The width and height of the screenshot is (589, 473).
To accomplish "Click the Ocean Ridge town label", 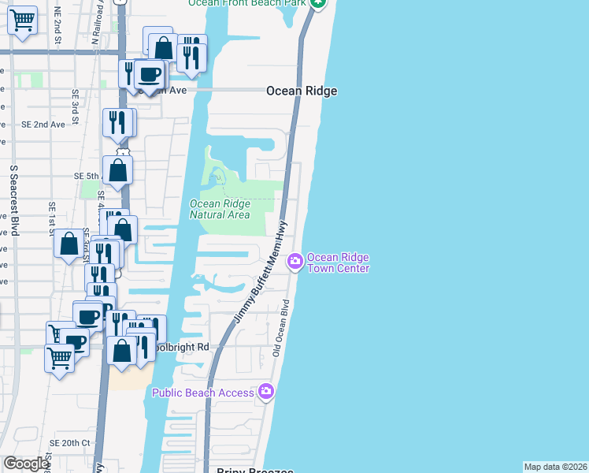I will point(302,91).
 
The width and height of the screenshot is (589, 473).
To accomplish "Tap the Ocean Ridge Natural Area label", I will point(220,210).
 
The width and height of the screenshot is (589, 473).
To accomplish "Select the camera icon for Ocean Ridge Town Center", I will point(295,260).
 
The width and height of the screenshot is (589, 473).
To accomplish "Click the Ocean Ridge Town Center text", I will point(338,263).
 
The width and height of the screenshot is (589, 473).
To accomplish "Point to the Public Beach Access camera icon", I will point(266,391).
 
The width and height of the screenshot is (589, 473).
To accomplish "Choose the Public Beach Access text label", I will point(203,393).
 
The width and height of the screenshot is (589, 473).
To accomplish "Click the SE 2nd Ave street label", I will point(43,125).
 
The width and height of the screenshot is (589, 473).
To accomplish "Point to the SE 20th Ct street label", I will point(69,443).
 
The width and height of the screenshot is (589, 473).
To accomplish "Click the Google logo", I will point(26,464).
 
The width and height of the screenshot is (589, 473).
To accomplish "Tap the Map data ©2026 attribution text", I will point(555,467).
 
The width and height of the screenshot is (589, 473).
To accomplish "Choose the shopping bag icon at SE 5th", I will point(117,169).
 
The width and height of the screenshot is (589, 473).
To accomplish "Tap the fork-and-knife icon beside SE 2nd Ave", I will point(117,121).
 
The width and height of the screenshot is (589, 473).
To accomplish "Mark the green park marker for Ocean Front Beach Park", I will point(317,3).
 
